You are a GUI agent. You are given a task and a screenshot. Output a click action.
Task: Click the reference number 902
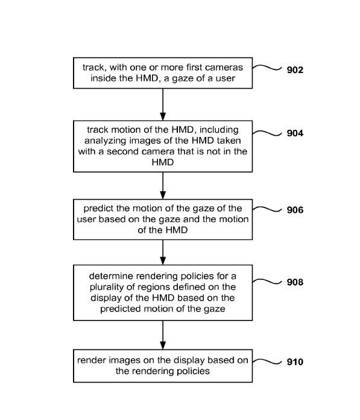tap(295, 70)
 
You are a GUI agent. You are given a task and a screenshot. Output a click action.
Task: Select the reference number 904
tap(295, 133)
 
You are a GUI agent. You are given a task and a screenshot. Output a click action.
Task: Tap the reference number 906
tap(295, 210)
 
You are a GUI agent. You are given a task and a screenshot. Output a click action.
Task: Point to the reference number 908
tap(295, 282)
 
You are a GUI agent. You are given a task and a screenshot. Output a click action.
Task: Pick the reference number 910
tap(295, 362)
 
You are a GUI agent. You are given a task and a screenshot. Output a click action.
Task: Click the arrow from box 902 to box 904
tap(163, 104)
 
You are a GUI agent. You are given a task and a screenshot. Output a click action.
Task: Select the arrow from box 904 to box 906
tap(163, 186)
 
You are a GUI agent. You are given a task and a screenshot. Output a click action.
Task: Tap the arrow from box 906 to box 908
tap(163, 252)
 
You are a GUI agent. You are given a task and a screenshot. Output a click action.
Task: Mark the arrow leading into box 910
tap(163, 335)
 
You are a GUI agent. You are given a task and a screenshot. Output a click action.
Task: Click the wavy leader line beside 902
tap(267, 67)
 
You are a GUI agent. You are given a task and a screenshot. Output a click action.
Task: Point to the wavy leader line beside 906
tap(267, 209)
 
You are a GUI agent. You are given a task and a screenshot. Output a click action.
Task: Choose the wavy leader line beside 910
tap(267, 361)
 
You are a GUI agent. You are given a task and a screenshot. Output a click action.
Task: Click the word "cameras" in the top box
tap(227, 68)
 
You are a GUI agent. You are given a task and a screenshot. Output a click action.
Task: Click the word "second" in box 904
tap(123, 151)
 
